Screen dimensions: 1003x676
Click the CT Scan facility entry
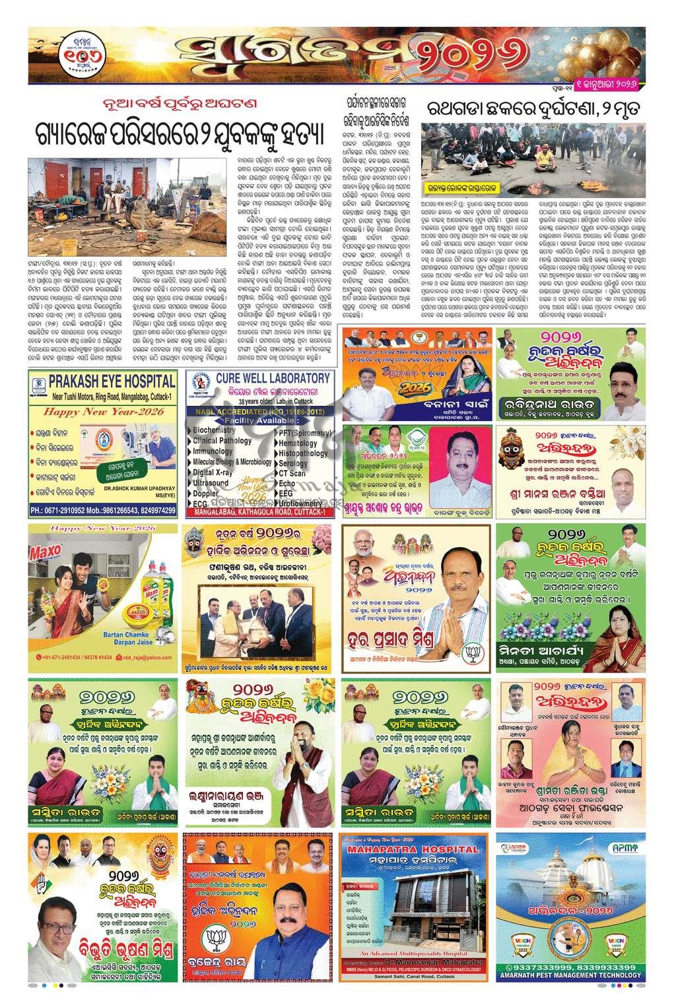292,473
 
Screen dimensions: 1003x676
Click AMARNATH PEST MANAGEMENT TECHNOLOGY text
570,975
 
